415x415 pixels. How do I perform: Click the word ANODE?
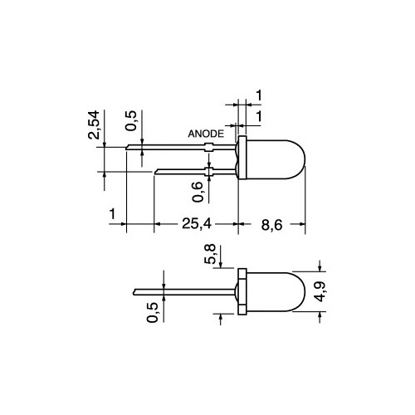coord(206,134)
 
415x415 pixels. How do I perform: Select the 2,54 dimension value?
coord(94,124)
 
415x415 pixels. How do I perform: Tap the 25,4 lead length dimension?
coord(197,223)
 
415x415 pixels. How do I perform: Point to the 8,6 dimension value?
coord(271,225)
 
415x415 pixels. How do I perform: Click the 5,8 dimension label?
coord(210,254)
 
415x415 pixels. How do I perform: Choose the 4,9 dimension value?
coord(321,292)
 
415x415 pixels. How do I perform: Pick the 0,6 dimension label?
coord(198,192)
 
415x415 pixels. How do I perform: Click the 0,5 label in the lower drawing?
coord(153,312)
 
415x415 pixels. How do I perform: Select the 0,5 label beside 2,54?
coord(131,120)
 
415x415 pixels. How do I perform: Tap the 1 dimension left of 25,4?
coord(112,214)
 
